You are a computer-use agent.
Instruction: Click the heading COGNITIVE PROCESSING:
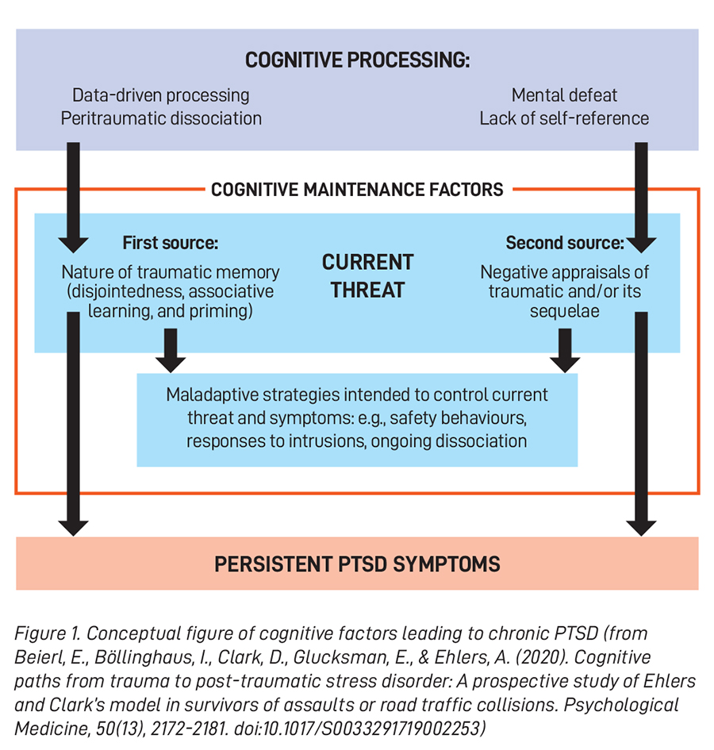tap(357, 60)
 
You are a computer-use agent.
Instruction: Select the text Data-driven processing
tap(161, 95)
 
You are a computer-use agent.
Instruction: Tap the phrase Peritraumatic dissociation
tap(161, 118)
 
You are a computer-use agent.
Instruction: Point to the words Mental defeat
tap(564, 95)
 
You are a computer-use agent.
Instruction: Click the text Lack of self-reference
tap(564, 118)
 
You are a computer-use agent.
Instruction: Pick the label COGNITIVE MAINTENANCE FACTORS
tap(357, 190)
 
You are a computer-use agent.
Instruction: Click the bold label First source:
tap(170, 241)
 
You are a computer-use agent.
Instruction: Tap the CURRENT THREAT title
tap(367, 275)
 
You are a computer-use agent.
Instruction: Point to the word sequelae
tap(564, 311)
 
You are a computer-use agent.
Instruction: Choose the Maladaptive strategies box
tap(357, 418)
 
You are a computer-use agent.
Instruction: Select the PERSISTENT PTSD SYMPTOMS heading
tap(357, 564)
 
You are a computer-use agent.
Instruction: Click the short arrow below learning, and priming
tap(170, 349)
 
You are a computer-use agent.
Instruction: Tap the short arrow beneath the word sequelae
tap(565, 349)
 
